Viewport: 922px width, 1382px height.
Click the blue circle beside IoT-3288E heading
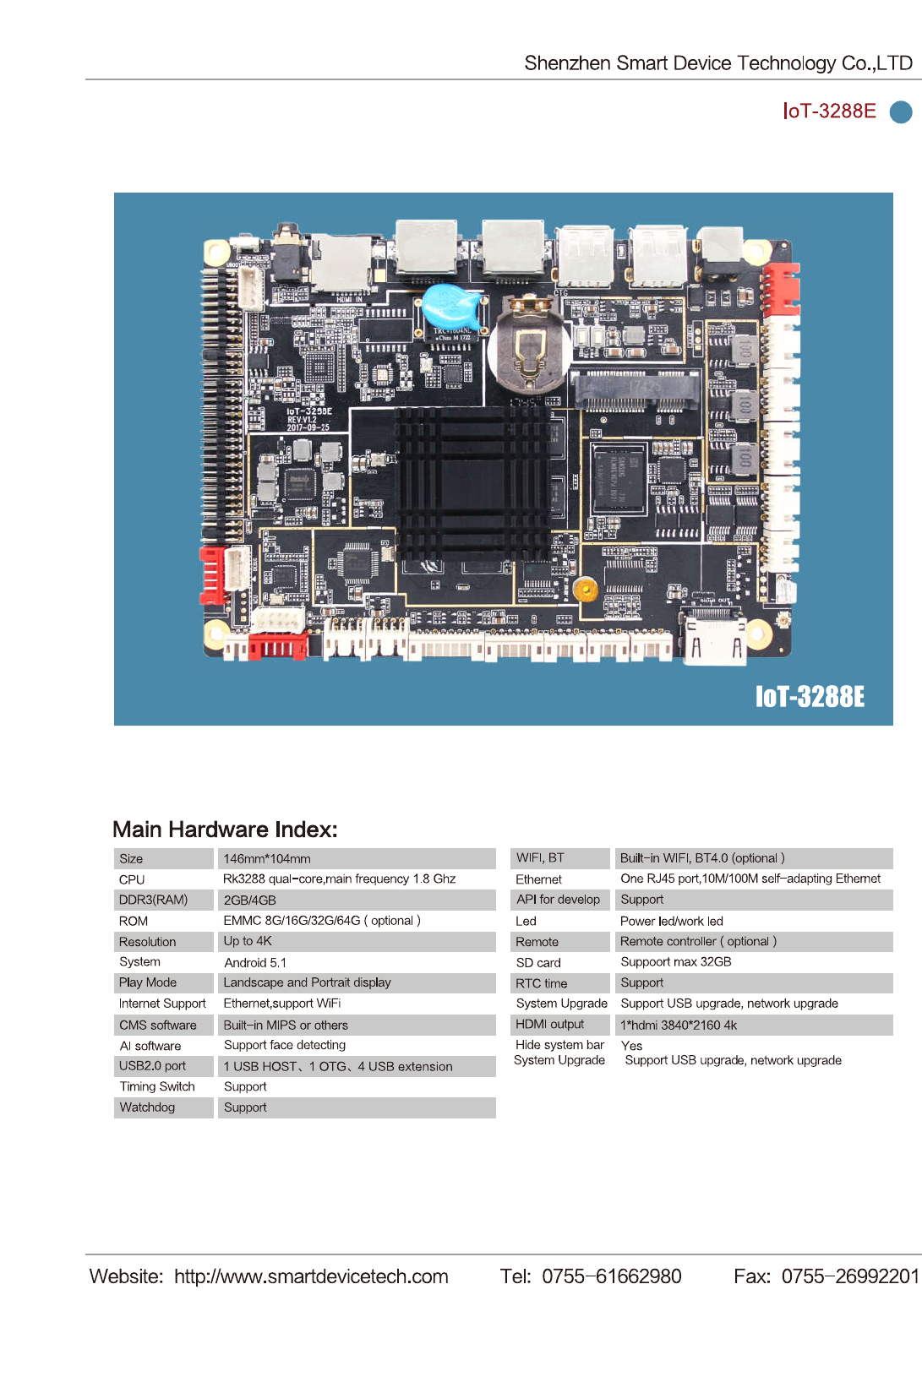901,112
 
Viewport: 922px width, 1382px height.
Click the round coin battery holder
528,348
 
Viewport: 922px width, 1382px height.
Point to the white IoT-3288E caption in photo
809,696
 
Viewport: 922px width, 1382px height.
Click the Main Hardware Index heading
225,830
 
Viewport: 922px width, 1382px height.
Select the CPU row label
132,879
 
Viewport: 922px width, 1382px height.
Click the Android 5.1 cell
255,962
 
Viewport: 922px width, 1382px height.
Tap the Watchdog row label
147,1107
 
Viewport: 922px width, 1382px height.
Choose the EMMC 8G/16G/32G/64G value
321,921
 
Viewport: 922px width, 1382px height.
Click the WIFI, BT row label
540,858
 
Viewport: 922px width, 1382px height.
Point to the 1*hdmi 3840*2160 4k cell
679,1025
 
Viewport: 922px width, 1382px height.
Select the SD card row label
538,962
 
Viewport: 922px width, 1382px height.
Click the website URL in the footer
311,1276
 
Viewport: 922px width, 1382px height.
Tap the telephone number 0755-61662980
611,1276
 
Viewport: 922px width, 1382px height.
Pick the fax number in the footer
849,1276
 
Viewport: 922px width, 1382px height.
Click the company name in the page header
717,63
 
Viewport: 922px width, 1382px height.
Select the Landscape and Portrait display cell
307,982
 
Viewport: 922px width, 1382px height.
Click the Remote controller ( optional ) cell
698,941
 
